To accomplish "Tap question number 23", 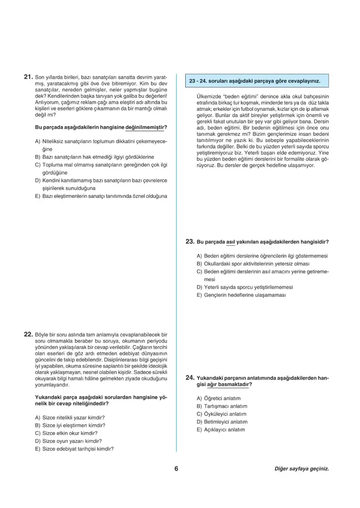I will point(189,242).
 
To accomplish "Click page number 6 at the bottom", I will point(176,469).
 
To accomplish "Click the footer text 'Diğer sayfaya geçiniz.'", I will point(301,469).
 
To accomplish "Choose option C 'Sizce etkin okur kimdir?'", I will point(70,433).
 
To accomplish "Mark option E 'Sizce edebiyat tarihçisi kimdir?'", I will point(78,448).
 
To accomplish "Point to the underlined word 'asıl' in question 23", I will point(231,242).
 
